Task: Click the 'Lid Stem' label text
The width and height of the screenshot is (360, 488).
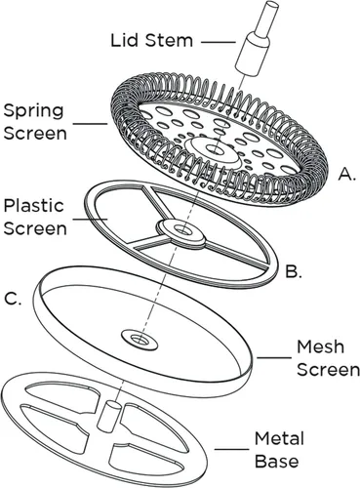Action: [x=152, y=40]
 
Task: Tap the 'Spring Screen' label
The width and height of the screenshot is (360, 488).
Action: [x=35, y=122]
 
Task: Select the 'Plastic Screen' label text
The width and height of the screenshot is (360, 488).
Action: [x=35, y=217]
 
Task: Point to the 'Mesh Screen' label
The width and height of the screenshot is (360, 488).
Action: [x=328, y=358]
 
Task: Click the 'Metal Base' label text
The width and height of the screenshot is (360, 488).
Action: [x=279, y=450]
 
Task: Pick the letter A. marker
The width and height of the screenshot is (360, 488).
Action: [x=345, y=174]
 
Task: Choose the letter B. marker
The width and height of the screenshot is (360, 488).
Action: [x=294, y=271]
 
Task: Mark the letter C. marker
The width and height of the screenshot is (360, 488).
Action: [x=13, y=299]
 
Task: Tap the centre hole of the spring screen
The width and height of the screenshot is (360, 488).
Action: [x=214, y=149]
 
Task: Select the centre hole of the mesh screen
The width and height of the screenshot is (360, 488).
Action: [x=140, y=340]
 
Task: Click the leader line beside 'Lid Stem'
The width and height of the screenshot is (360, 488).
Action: [x=218, y=42]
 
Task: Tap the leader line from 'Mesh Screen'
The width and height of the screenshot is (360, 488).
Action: [x=274, y=358]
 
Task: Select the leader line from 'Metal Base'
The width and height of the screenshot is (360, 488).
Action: [x=231, y=450]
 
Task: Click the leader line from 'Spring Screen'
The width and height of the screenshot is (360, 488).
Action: [x=90, y=124]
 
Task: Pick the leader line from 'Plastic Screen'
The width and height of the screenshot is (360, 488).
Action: [x=90, y=219]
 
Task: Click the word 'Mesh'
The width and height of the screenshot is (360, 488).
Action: [x=320, y=346]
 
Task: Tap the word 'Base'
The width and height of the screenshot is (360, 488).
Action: [x=276, y=462]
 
